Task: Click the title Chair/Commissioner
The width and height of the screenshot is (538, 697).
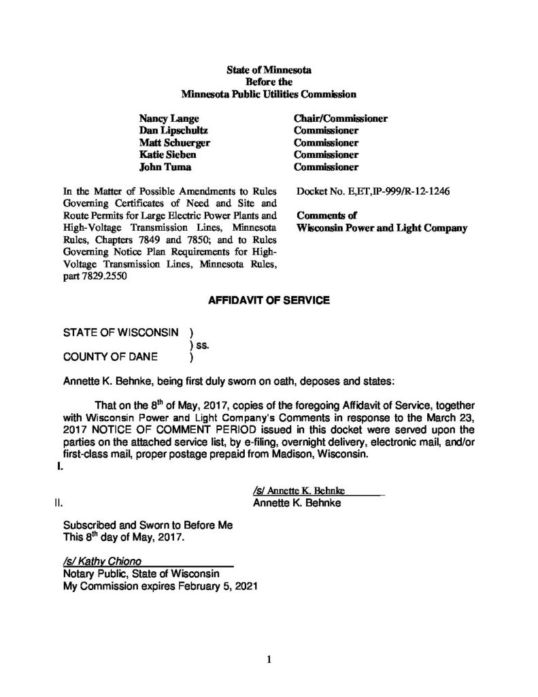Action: [340, 118]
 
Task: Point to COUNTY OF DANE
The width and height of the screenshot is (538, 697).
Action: [110, 356]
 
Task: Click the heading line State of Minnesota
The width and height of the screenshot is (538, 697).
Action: [268, 70]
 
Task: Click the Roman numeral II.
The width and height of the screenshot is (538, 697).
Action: [58, 504]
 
